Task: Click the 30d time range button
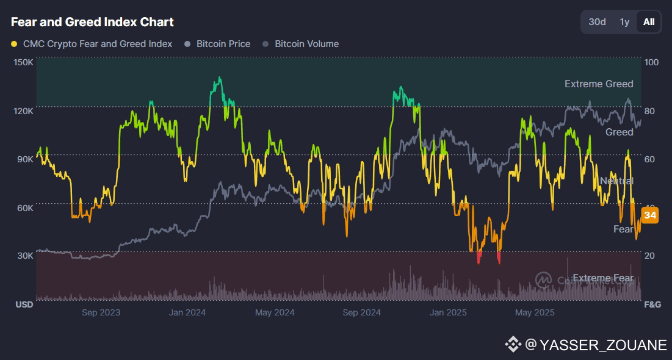click(x=597, y=22)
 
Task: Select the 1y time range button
click(x=624, y=22)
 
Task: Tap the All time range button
click(x=649, y=22)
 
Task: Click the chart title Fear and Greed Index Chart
click(x=92, y=22)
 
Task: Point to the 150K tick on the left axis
click(x=23, y=62)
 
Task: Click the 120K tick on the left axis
click(x=23, y=111)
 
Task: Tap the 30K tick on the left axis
click(x=24, y=256)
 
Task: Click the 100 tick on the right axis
click(x=651, y=62)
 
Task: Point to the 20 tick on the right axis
click(x=649, y=256)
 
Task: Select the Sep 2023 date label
click(x=101, y=313)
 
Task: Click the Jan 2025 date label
click(x=448, y=313)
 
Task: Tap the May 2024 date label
click(x=275, y=313)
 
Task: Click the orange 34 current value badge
click(x=650, y=215)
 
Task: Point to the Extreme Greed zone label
click(x=599, y=84)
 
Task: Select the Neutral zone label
click(x=616, y=181)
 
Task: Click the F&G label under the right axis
click(x=653, y=304)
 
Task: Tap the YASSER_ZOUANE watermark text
click(x=595, y=345)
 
